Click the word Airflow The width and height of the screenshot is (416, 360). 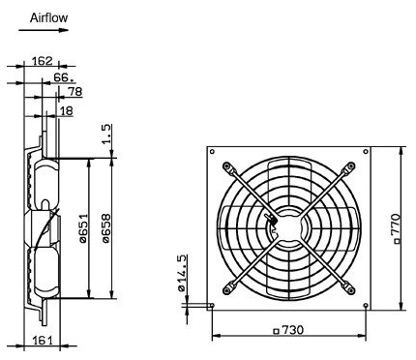(x=49, y=17)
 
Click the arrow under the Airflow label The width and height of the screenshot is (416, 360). (x=44, y=30)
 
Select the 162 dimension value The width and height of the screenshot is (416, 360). (x=43, y=61)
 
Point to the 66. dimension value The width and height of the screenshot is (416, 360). (x=64, y=77)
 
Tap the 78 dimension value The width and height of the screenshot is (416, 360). (x=75, y=92)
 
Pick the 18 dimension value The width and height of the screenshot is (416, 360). (x=67, y=111)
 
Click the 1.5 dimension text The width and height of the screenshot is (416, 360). (x=106, y=134)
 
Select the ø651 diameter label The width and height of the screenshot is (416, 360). (x=83, y=228)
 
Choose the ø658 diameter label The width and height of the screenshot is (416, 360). (x=106, y=228)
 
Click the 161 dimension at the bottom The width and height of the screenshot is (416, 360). (x=43, y=340)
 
